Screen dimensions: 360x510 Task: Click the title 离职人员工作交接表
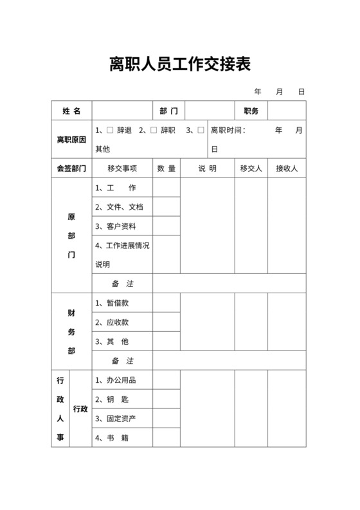point(179,64)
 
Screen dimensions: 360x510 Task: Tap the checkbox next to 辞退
point(110,130)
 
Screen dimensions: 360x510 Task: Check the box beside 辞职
point(153,130)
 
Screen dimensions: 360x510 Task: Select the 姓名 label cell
point(71,111)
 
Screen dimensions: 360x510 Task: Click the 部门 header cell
point(168,111)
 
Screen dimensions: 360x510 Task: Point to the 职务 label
point(251,111)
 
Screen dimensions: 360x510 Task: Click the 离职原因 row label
point(71,140)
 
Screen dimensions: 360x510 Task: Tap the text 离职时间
point(228,130)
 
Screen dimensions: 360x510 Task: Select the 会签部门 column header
point(71,168)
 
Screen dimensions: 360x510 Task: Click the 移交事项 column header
point(122,168)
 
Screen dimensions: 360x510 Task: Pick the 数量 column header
point(166,168)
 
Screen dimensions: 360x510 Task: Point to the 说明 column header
point(207,168)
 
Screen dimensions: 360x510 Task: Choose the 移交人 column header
point(251,168)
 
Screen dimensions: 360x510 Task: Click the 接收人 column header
point(287,168)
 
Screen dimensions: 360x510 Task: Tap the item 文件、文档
point(119,207)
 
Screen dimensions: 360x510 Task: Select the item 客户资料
point(116,226)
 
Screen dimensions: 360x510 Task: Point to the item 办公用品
point(116,380)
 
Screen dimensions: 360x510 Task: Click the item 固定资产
point(116,419)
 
